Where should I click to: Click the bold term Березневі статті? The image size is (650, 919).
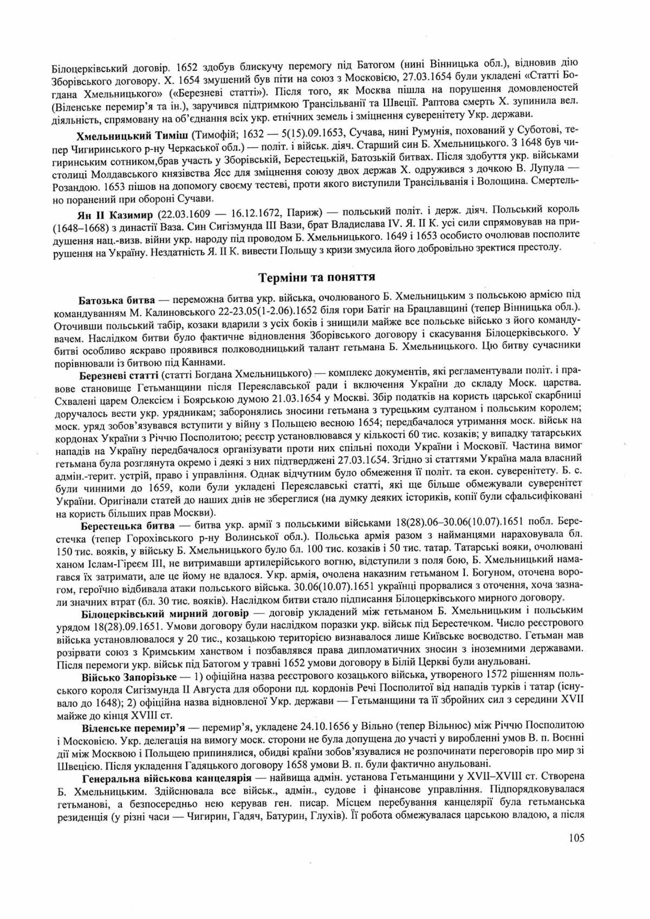119,375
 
